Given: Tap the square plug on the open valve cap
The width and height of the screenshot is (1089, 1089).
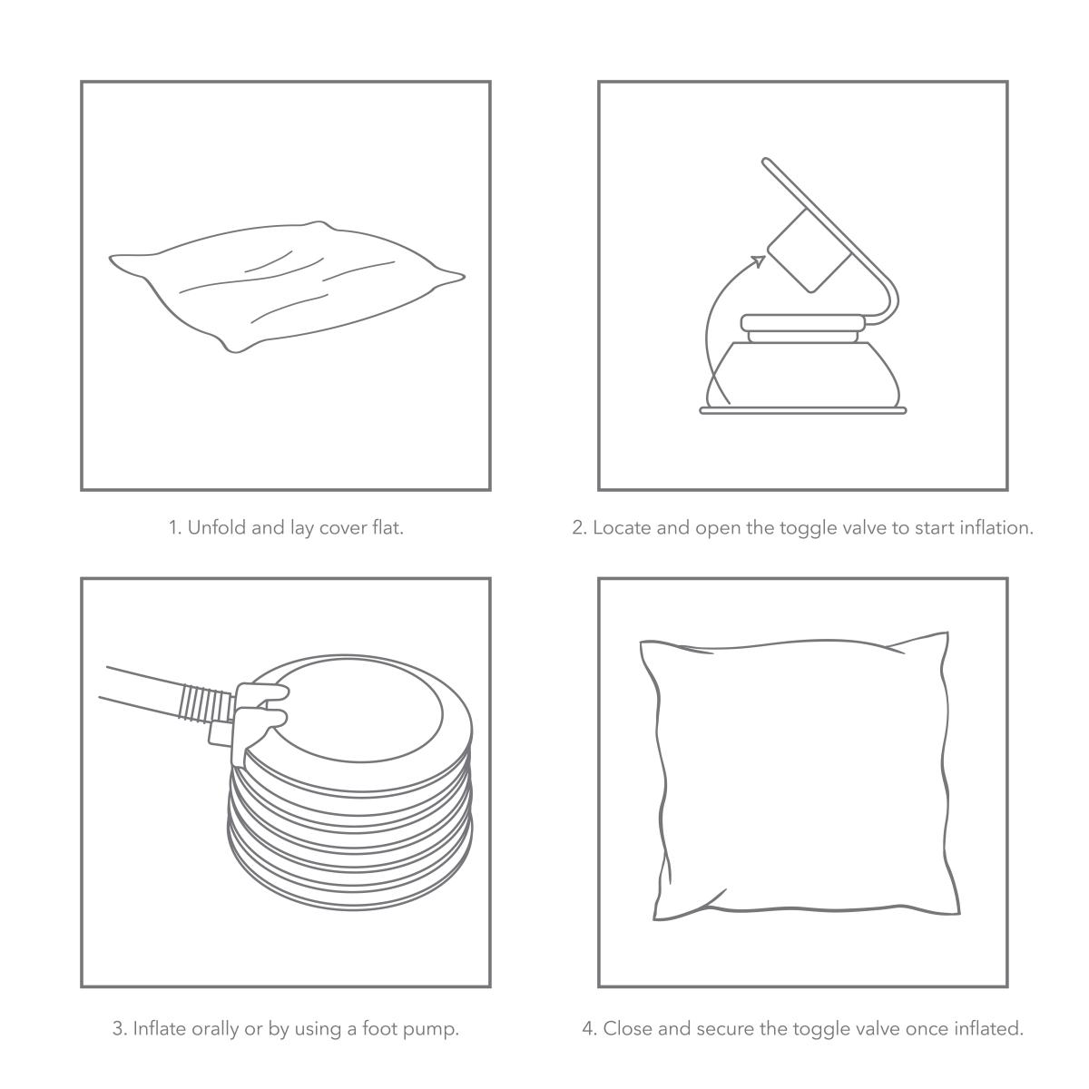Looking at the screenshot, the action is (x=809, y=250).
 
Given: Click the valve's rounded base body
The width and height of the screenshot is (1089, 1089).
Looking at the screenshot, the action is (x=802, y=373).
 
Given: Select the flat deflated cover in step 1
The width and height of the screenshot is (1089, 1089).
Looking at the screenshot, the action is (x=287, y=287).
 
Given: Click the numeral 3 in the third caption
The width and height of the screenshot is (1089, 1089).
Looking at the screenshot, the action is (x=118, y=1029).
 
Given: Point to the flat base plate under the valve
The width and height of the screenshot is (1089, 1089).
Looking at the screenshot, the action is (x=803, y=411).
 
